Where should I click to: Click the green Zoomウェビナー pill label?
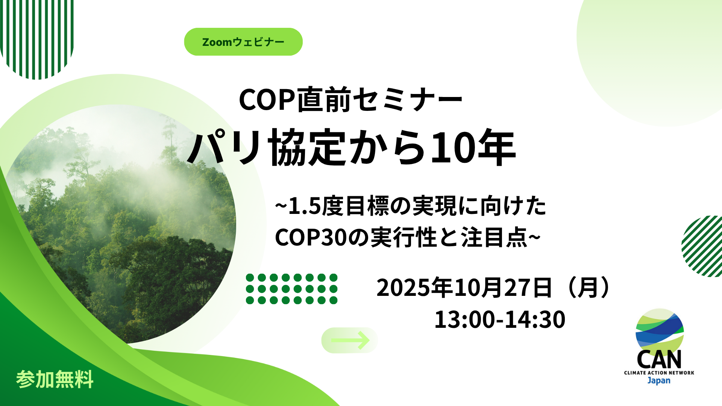pyautogui.click(x=243, y=42)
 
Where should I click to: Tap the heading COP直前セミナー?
pyautogui.click(x=350, y=100)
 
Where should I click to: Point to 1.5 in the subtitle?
pyautogui.click(x=304, y=206)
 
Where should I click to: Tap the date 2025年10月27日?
pyautogui.click(x=464, y=288)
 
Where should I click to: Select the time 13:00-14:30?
pyautogui.click(x=500, y=320)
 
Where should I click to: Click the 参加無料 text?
pyautogui.click(x=55, y=379)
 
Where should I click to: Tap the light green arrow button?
pyautogui.click(x=350, y=340)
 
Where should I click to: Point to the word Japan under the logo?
pyautogui.click(x=659, y=380)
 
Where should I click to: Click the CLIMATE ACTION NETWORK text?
pyautogui.click(x=659, y=373)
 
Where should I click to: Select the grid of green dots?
pyautogui.click(x=291, y=289)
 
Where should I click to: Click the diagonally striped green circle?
pyautogui.click(x=702, y=246)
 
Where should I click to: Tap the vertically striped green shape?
pyautogui.click(x=37, y=39)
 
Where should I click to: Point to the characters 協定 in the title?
pyautogui.click(x=306, y=147)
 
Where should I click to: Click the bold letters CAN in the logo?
pyautogui.click(x=659, y=360)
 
